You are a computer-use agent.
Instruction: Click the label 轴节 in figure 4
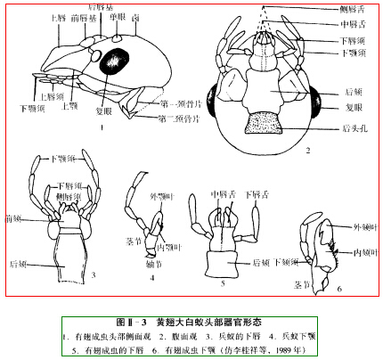[x=153, y=266]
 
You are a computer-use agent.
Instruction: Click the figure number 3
[x=92, y=274]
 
